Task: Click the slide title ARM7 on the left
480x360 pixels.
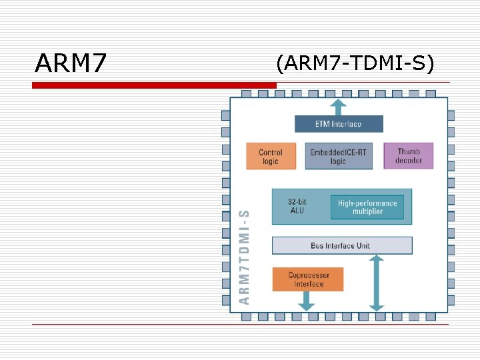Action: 71,64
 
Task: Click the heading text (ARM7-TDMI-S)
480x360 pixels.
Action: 355,63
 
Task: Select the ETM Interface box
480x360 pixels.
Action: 339,124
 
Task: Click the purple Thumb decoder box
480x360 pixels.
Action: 409,155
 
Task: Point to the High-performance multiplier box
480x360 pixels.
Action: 367,207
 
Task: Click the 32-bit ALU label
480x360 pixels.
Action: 297,206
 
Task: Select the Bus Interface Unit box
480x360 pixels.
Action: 341,245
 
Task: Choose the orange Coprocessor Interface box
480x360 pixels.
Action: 308,279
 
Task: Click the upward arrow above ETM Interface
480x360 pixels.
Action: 339,107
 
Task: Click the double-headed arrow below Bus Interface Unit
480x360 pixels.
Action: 377,283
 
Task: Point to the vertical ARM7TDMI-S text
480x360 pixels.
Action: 245,257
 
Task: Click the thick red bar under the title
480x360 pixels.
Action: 154,85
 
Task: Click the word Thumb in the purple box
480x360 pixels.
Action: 409,151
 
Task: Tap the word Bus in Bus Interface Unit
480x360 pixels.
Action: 318,245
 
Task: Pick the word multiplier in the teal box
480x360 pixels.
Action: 367,211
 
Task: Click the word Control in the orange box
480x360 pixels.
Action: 271,153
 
